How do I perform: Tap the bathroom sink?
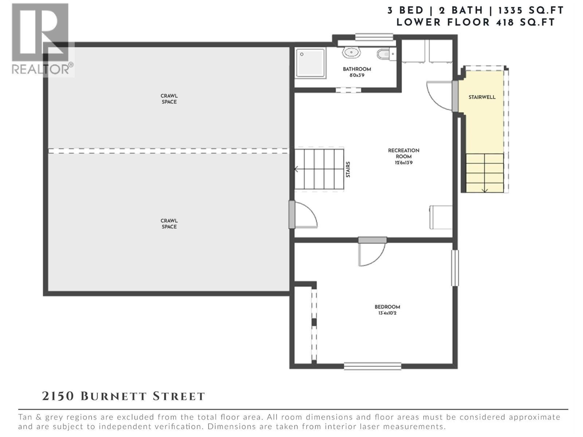351,52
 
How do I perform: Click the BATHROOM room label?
357,69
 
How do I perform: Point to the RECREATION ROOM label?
403,153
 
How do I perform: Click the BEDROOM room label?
387,307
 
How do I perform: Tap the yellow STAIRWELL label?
482,97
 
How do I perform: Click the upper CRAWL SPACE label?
169,99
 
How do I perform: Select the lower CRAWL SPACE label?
169,224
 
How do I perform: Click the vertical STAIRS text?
348,170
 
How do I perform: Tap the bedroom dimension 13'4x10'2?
387,313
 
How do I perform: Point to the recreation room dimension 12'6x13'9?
403,163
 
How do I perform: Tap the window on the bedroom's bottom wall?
372,366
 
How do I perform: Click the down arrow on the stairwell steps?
485,189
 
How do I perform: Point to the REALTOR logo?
41,39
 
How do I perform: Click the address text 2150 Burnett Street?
124,396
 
